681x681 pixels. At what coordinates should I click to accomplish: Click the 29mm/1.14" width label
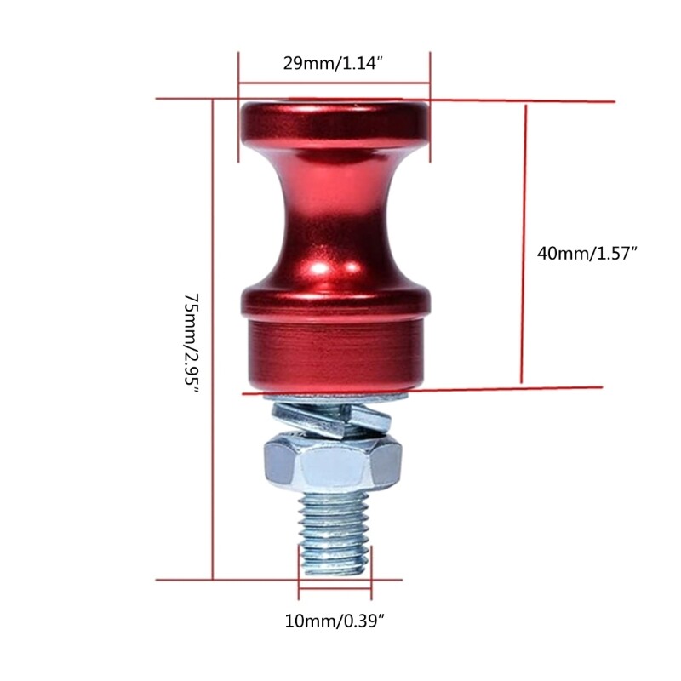[x=333, y=62]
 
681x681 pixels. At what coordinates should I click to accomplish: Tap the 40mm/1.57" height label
[x=587, y=253]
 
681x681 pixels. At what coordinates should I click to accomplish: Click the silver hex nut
[x=333, y=465]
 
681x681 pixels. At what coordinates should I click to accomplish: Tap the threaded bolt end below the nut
[x=335, y=531]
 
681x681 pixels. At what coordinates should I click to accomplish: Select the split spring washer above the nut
[x=332, y=417]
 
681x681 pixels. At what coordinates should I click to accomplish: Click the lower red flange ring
[x=335, y=300]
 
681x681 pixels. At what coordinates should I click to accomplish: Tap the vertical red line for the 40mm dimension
[x=524, y=247]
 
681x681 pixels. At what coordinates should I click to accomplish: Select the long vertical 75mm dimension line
[x=213, y=340]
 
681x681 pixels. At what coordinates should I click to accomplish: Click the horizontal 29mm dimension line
[x=334, y=83]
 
